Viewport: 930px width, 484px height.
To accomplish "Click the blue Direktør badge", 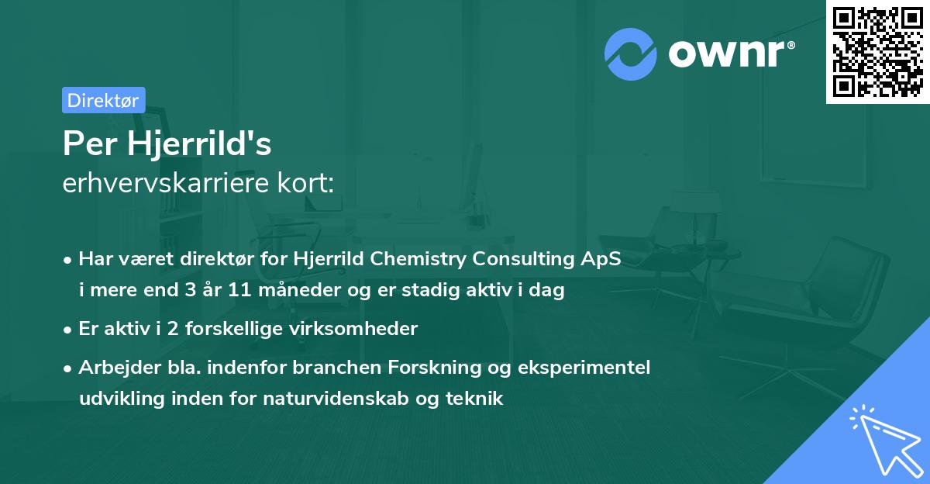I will tap(103, 100).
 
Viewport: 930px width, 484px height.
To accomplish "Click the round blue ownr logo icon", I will tap(631, 54).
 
